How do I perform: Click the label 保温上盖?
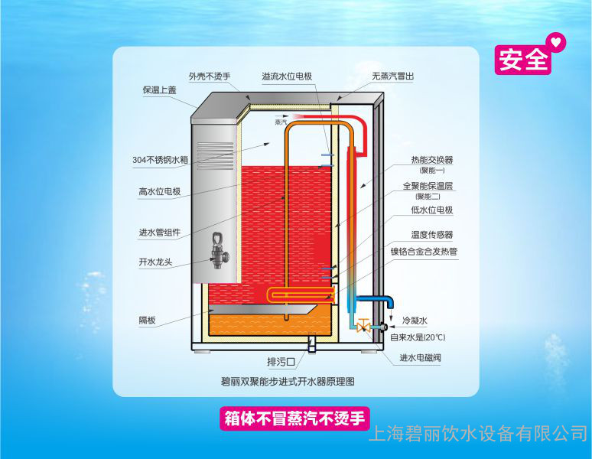160,90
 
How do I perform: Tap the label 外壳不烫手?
210,76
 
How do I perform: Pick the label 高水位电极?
159,192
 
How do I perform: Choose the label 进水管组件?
159,233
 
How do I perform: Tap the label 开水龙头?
155,262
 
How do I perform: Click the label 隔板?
148,321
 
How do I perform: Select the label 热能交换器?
431,160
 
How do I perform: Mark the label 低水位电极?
433,210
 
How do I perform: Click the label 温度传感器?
432,235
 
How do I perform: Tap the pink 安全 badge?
524,59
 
